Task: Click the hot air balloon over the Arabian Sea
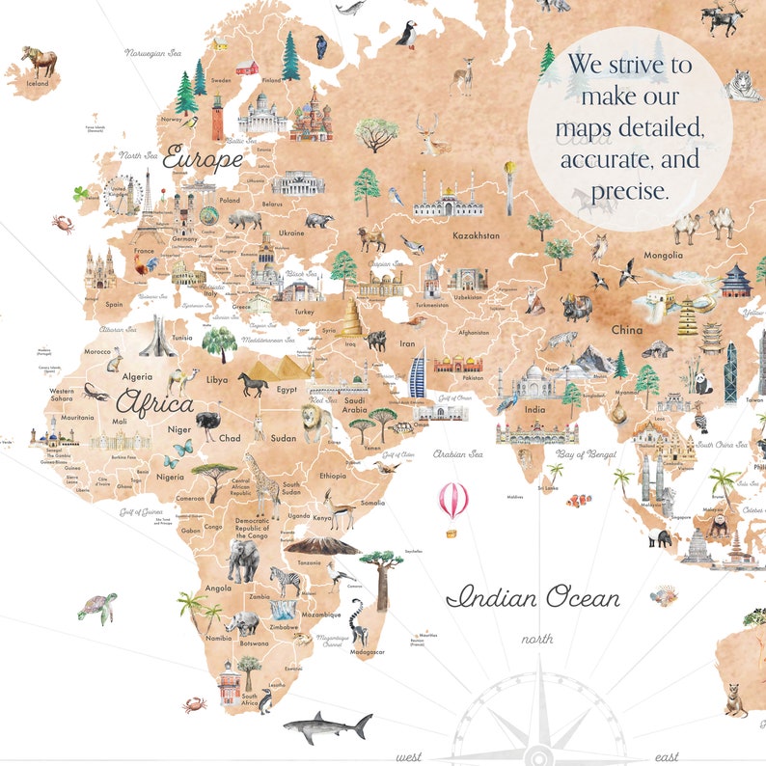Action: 453,502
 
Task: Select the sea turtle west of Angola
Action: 96,608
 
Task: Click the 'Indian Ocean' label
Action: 533,598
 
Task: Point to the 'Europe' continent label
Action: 202,156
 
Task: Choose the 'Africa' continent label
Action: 154,402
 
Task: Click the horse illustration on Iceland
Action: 39,61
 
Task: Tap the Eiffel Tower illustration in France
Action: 149,207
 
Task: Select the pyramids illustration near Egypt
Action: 286,367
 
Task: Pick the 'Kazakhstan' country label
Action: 476,235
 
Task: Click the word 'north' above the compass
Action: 537,639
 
